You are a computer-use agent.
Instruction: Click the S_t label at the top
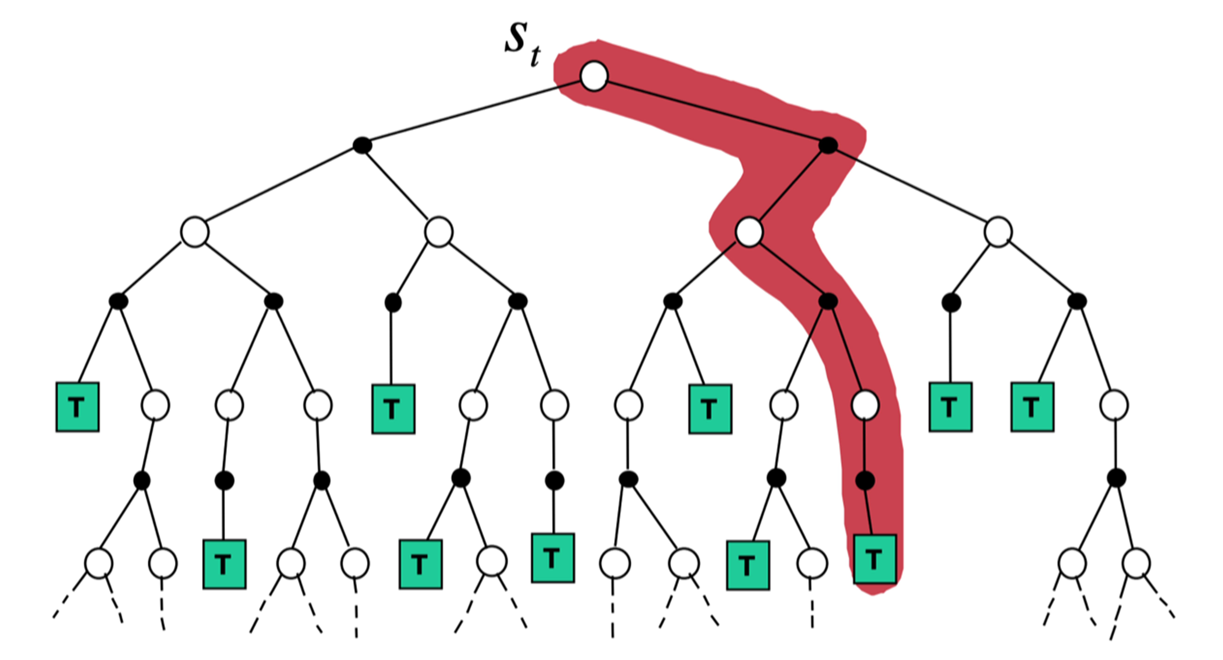[521, 45]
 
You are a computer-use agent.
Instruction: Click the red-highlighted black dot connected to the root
[828, 145]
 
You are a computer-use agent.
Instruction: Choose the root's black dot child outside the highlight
[362, 145]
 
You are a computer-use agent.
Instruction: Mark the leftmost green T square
[77, 407]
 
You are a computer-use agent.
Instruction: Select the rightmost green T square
[1032, 407]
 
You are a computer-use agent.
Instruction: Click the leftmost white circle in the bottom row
[98, 563]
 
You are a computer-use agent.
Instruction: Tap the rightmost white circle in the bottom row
[1136, 563]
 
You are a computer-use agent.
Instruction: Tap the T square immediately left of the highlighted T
[748, 565]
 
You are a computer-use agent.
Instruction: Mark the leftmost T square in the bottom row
[224, 564]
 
